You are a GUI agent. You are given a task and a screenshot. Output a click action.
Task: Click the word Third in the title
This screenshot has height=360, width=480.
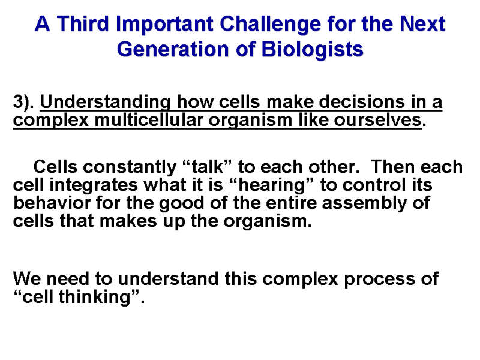point(83,23)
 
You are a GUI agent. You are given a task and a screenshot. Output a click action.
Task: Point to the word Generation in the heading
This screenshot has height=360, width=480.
point(173,49)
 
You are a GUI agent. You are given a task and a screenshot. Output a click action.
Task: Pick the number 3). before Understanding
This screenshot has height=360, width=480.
point(23,102)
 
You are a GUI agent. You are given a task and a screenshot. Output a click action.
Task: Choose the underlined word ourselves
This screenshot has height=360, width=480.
point(378,119)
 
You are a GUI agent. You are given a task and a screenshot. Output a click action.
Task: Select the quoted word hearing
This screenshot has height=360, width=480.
point(272,186)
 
